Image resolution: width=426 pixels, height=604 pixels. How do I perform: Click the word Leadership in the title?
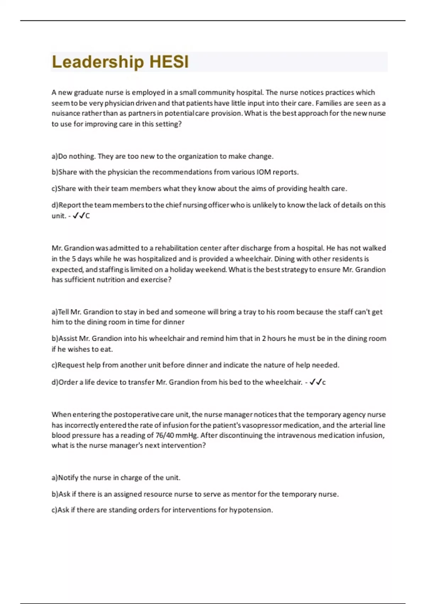point(98,62)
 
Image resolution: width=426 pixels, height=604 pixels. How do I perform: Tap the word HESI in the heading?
point(169,62)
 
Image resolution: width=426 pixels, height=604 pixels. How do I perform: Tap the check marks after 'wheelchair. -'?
point(315,382)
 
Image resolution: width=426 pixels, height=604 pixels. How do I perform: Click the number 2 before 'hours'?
point(264,339)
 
